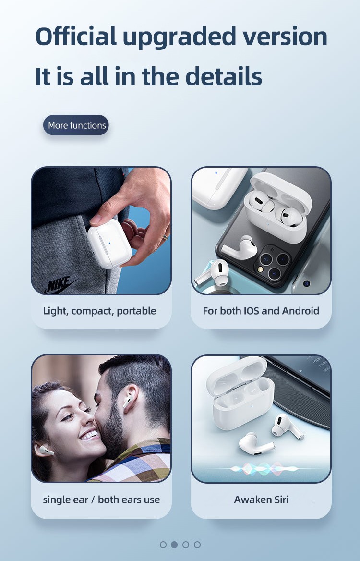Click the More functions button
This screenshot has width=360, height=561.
pyautogui.click(x=76, y=125)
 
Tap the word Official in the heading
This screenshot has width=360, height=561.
pyautogui.click(x=76, y=37)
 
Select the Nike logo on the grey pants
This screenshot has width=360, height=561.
pyautogui.click(x=60, y=284)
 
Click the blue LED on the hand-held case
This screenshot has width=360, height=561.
pyautogui.click(x=109, y=244)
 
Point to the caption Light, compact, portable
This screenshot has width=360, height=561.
pyautogui.click(x=99, y=311)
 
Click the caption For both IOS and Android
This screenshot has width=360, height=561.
pyautogui.click(x=261, y=311)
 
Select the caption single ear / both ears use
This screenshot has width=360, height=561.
pyautogui.click(x=102, y=500)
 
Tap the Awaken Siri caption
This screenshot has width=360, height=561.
pyautogui.click(x=261, y=500)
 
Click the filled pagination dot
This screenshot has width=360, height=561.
pyautogui.click(x=174, y=545)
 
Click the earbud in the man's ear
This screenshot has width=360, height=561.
pyautogui.click(x=128, y=401)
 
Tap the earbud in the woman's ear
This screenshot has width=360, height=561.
pyautogui.click(x=46, y=450)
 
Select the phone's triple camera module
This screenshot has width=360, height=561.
pyautogui.click(x=274, y=264)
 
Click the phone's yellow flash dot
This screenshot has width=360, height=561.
pyautogui.click(x=261, y=269)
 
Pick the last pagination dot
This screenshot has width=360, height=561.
pyautogui.click(x=197, y=545)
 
